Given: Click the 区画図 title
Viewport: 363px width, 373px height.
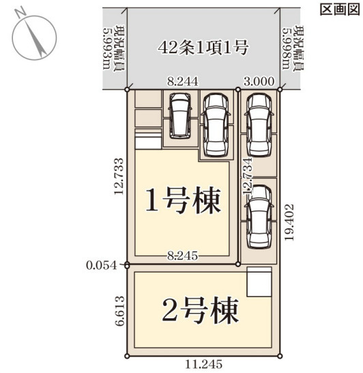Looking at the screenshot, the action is coord(340,10).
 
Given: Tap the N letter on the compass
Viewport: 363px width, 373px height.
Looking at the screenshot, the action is coord(20,13).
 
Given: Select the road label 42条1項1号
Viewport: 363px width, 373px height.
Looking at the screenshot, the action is coord(203,47).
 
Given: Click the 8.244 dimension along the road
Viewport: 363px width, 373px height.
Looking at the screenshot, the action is coord(182,81).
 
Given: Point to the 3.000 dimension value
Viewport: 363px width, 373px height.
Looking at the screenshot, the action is coord(259,81).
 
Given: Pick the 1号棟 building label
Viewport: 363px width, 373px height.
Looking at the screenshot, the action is coord(184,200).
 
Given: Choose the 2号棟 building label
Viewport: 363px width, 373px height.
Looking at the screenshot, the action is coord(201,310).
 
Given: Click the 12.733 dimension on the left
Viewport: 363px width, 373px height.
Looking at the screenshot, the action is coord(119,176).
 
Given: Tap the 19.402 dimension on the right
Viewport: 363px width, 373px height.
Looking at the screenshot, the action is coord(289,222).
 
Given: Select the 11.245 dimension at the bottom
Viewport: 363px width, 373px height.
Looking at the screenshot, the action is coord(203,364).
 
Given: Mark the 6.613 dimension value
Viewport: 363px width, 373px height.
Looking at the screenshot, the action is coord(119,311).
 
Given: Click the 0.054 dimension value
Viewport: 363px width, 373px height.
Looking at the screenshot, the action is coord(102,266).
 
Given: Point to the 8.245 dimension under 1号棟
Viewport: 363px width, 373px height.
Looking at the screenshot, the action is coord(182,256).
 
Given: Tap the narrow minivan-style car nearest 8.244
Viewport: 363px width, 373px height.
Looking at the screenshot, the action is coord(180,115).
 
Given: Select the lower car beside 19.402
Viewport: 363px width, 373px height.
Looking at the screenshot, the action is coord(259,217).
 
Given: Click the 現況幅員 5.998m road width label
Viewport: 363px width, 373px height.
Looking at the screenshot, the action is coord(293,48).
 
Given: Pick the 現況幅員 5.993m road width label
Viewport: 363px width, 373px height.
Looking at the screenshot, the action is coord(114,48).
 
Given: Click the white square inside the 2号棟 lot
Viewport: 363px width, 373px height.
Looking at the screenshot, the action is coord(259,281).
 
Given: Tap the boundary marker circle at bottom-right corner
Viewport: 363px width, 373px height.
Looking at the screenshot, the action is coord(280,356).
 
